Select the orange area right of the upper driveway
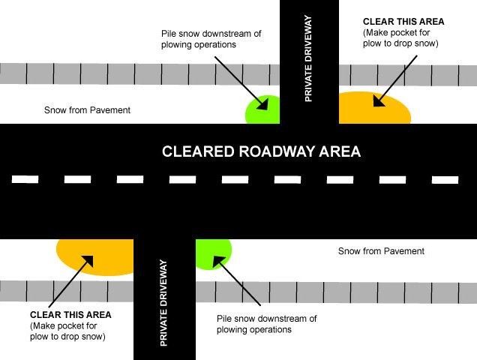[375, 109]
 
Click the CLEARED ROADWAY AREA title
[262, 151]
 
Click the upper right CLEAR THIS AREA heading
[403, 22]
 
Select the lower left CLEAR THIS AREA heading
[70, 315]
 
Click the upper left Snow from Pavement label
[88, 110]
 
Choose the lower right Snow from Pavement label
[381, 250]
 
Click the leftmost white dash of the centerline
[25, 179]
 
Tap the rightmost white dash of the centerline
[445, 179]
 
